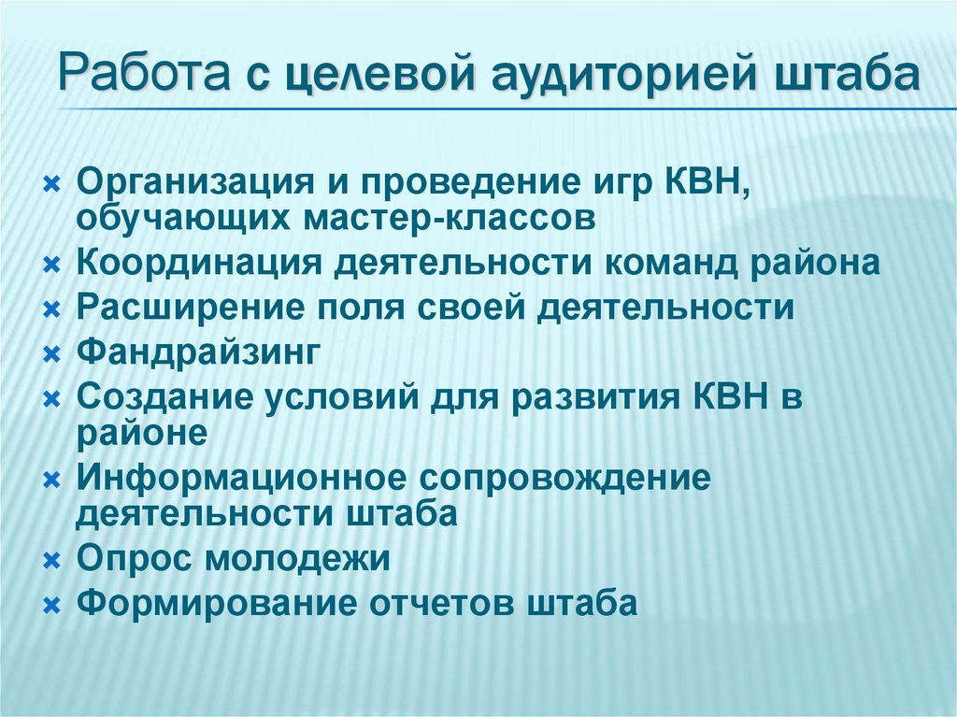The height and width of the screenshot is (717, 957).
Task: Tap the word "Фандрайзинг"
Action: point(199,353)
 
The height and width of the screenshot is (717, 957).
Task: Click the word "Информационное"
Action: point(242,478)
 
